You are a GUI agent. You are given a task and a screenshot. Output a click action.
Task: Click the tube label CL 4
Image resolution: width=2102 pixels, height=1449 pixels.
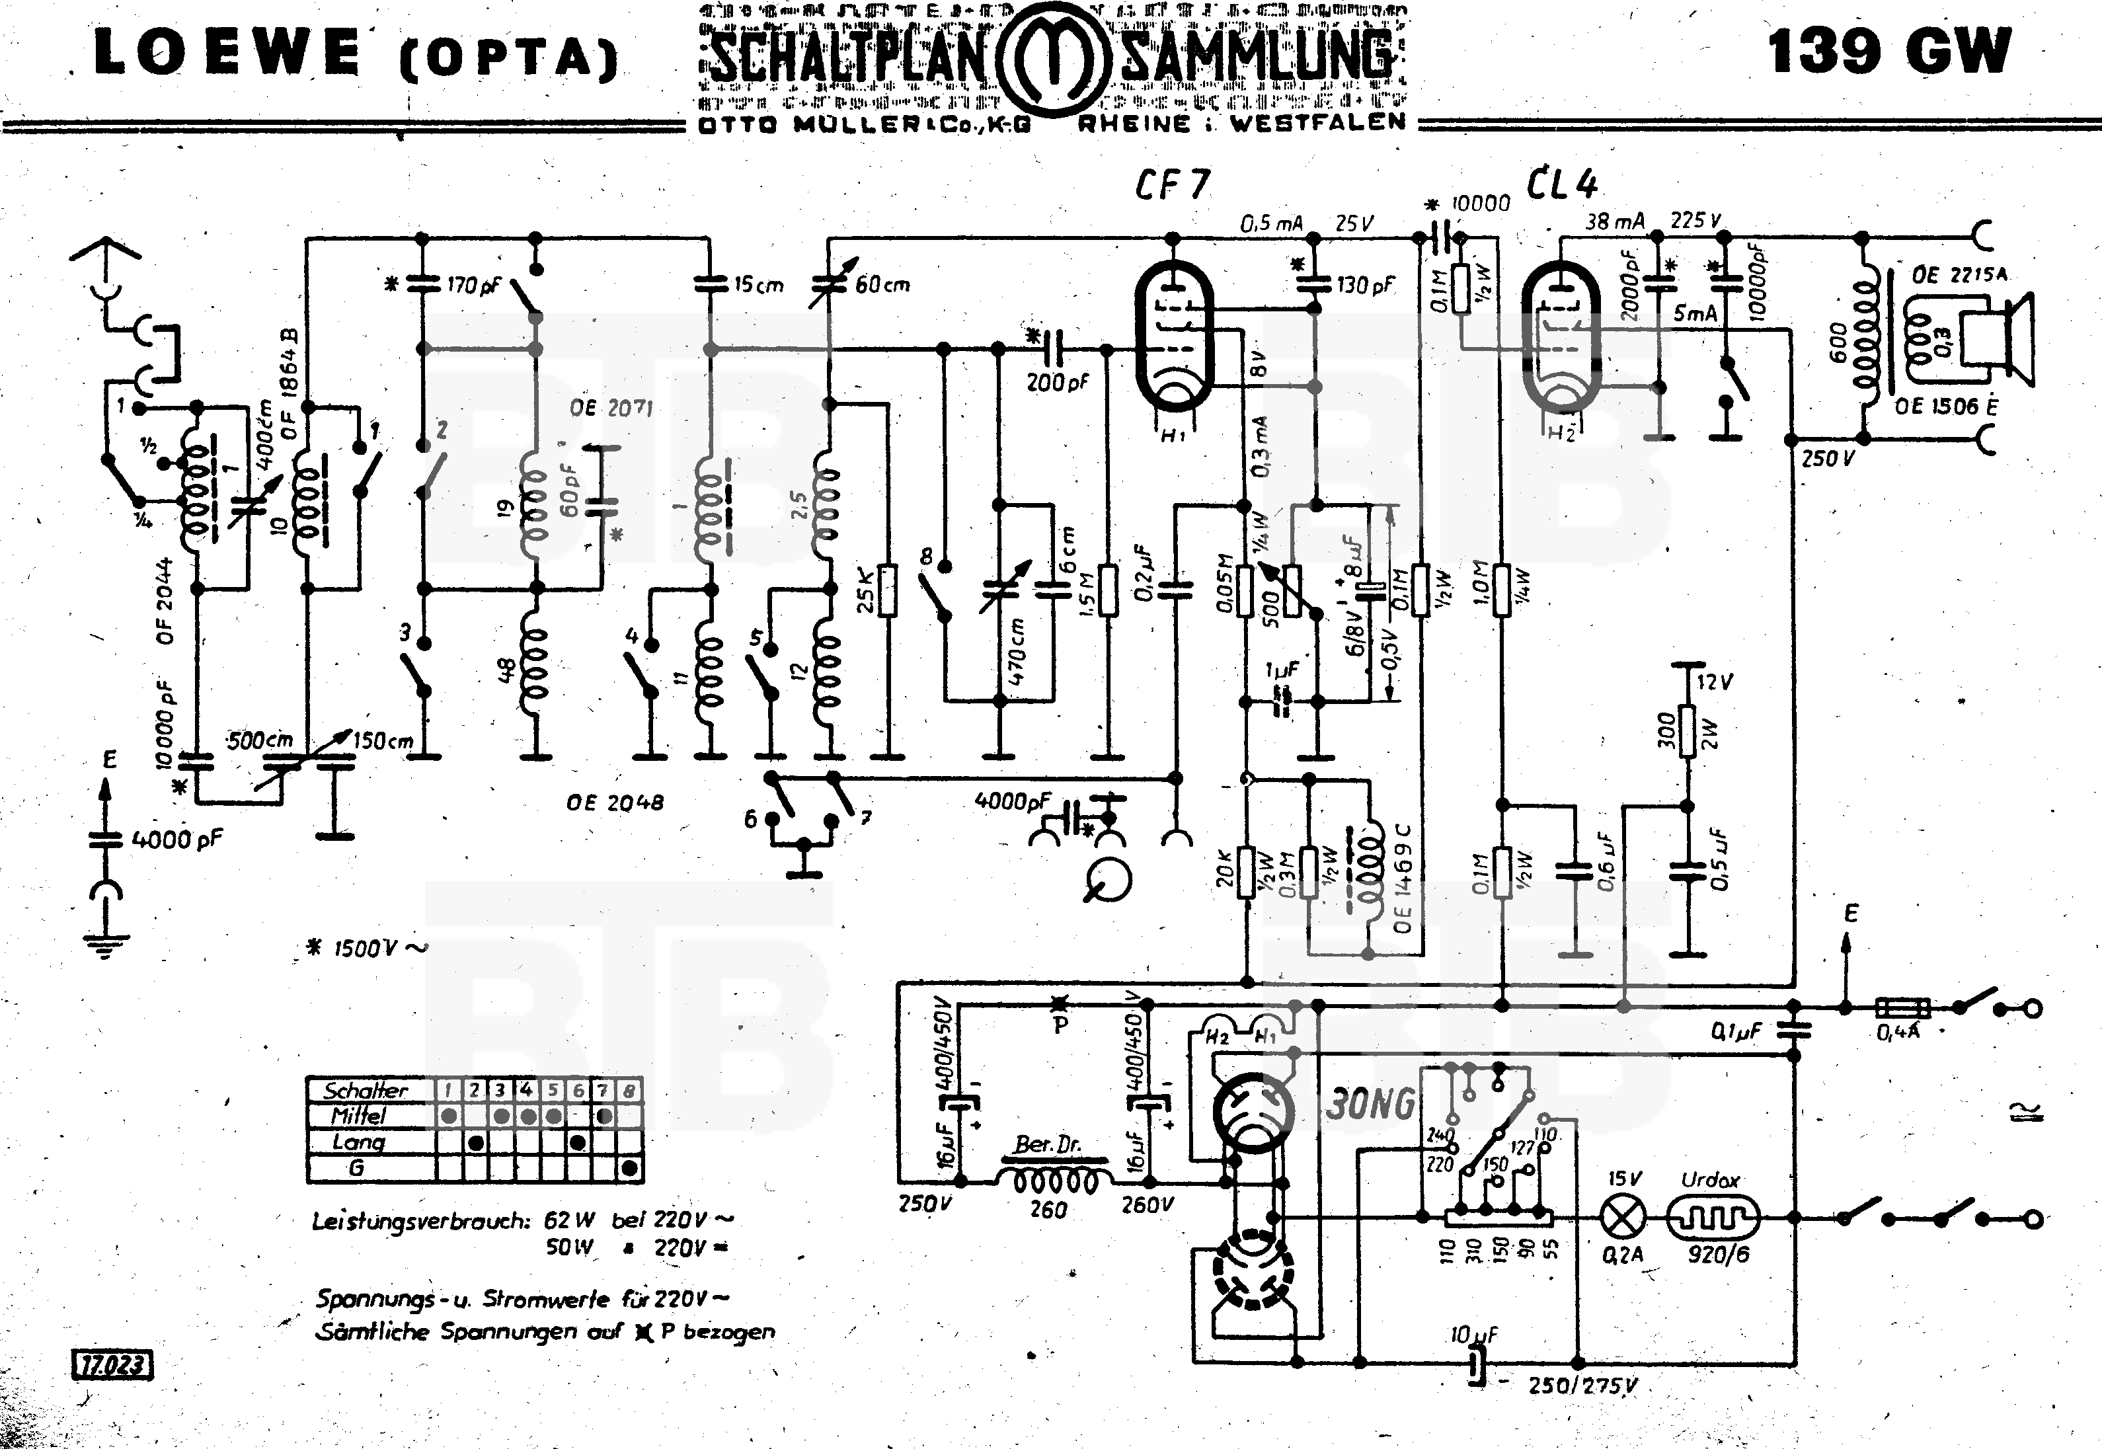pyautogui.click(x=1561, y=184)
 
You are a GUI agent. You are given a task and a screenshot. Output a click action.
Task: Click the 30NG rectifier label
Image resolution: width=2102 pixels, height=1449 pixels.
pyautogui.click(x=1370, y=1104)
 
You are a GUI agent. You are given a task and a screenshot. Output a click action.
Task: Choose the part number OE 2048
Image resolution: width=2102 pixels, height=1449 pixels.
pyautogui.click(x=615, y=803)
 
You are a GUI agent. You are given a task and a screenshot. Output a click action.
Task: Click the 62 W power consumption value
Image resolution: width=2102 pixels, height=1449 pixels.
pyautogui.click(x=569, y=1221)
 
